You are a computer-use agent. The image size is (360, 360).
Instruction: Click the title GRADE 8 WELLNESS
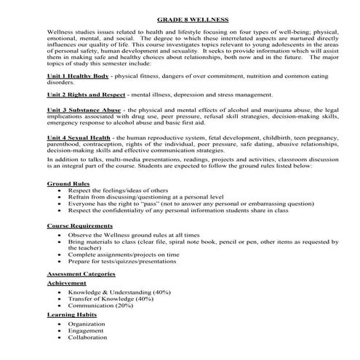point(180,20)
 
